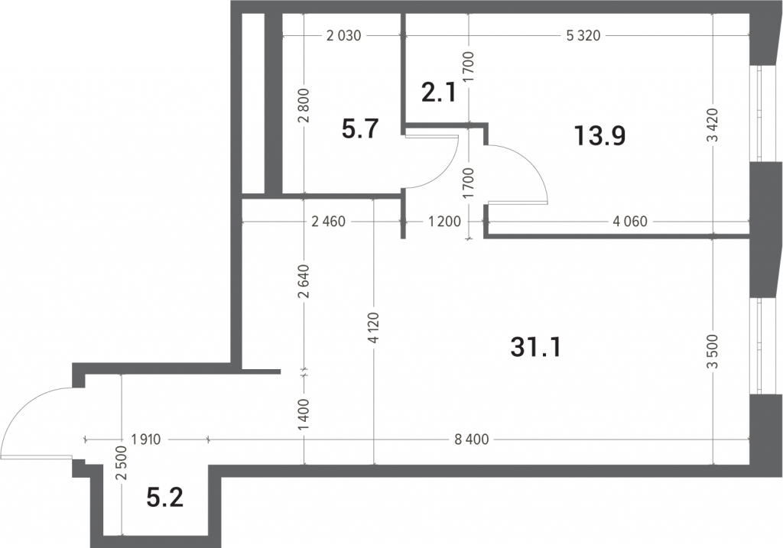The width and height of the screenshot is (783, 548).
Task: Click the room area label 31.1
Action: [x=536, y=347]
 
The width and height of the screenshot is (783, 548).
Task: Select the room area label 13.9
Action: [x=599, y=136]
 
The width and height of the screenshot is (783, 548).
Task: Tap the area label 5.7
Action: [x=361, y=128]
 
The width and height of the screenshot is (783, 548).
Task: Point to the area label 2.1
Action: [x=438, y=92]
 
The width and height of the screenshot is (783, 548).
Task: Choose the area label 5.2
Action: [x=165, y=498]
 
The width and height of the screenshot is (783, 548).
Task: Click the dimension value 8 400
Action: [x=470, y=439]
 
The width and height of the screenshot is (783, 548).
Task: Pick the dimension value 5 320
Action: [x=583, y=35]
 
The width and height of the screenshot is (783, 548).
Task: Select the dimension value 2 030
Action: [x=343, y=35]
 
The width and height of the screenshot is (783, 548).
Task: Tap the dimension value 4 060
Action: [x=630, y=221]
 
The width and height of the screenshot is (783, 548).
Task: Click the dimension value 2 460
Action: [x=328, y=221]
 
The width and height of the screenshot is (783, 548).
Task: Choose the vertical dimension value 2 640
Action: [x=304, y=281]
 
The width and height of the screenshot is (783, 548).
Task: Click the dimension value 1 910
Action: [x=146, y=439]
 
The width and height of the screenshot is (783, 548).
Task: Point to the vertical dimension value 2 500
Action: [x=122, y=463]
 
